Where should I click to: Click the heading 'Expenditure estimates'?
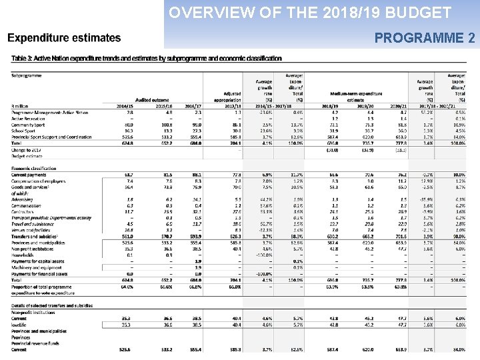[x=64, y=38]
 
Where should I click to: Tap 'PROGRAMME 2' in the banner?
[x=425, y=38]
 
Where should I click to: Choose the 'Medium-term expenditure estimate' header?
[x=356, y=97]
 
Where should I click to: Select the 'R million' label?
[x=21, y=106]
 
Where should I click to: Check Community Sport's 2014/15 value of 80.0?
[x=129, y=125]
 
